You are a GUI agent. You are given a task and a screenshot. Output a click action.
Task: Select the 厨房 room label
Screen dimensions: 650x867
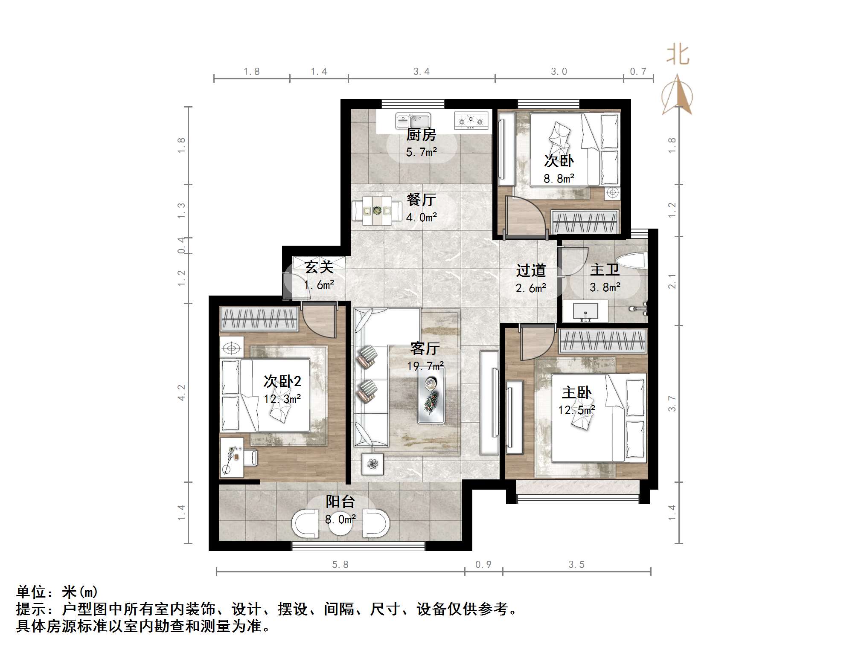coord(421,135)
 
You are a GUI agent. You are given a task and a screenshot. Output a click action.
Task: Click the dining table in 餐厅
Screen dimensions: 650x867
coord(377,210)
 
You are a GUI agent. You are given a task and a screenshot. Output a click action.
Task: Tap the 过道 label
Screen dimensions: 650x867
coord(531,270)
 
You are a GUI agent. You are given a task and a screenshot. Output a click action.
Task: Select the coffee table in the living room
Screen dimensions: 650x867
coord(431,395)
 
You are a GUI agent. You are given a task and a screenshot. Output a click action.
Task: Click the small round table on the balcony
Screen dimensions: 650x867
coord(340,524)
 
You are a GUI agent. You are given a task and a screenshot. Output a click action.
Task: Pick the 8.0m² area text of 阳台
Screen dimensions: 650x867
coord(340,519)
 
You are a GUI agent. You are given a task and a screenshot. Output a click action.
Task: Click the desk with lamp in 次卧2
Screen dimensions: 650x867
coord(232,457)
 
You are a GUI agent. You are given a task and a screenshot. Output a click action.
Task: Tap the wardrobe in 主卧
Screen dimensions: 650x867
coord(603,341)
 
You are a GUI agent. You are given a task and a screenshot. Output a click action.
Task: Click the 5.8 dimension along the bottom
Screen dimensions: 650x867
coord(340,565)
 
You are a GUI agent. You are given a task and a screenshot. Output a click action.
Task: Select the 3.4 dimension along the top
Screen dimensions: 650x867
coord(421,72)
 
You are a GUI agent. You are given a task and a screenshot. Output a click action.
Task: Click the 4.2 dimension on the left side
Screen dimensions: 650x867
coord(182,392)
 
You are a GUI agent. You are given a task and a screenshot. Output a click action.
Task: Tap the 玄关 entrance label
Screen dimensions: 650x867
coord(319,267)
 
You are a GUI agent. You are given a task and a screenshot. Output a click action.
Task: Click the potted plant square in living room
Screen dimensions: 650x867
coord(372,464)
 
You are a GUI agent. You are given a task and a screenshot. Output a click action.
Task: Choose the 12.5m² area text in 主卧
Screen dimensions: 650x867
coord(576,410)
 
